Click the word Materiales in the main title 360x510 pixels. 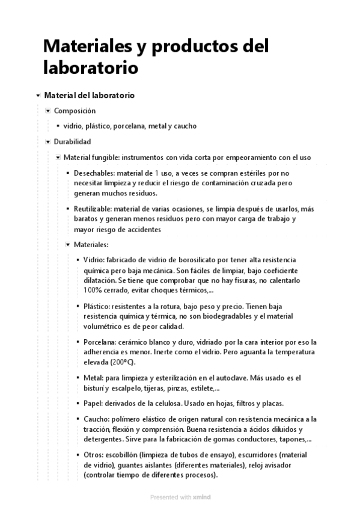87,46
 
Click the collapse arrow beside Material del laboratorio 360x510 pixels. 38,96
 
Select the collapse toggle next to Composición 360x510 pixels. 48,111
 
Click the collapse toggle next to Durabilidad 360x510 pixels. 48,143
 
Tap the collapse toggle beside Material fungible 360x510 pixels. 58,158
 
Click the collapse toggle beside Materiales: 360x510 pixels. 68,245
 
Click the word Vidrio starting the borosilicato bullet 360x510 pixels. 93,260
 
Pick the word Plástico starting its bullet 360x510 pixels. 95,306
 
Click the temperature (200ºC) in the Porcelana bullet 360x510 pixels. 122,362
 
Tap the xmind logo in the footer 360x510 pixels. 202,497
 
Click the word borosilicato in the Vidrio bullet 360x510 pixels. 181,260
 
